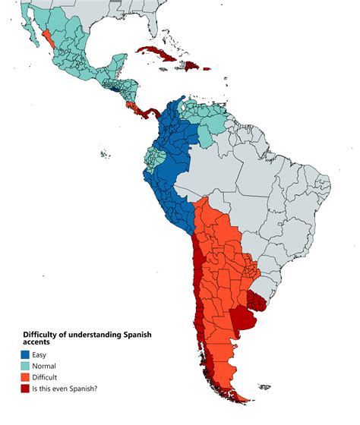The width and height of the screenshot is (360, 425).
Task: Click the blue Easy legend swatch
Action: coord(27,353)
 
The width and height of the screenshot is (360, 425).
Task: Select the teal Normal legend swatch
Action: coord(27,365)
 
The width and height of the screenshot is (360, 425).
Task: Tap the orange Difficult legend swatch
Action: coord(27,376)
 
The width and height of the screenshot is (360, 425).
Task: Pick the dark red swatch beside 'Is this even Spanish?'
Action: coord(27,389)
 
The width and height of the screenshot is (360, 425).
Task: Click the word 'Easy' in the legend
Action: coord(43,353)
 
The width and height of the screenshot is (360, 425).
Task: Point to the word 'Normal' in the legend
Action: coord(49,365)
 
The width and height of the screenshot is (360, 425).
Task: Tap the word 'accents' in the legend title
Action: coord(38,342)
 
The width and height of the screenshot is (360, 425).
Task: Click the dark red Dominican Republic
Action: coord(193,66)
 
